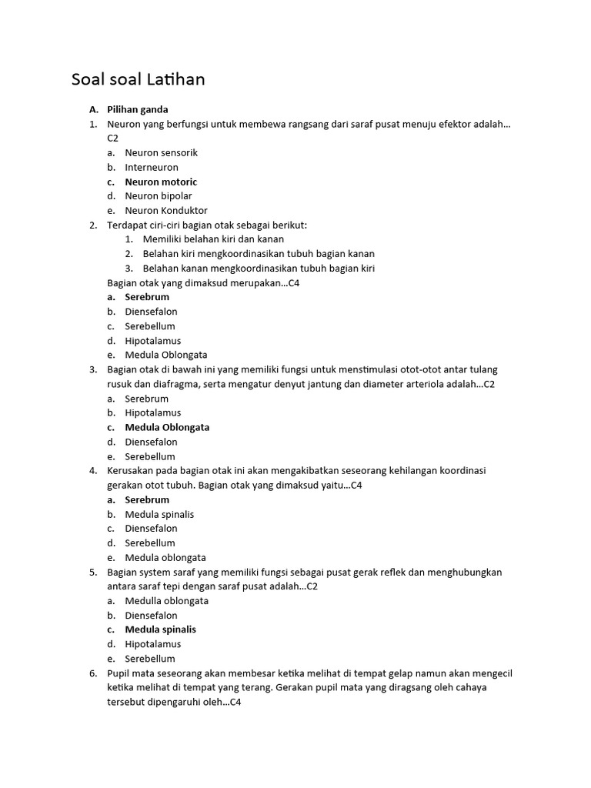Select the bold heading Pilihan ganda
click(x=138, y=109)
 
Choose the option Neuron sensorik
click(x=162, y=152)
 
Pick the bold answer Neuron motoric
click(x=162, y=182)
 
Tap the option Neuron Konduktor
click(x=166, y=210)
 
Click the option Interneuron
click(x=152, y=167)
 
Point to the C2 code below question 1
click(x=113, y=138)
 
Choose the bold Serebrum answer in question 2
click(x=147, y=297)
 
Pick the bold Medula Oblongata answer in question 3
click(x=167, y=427)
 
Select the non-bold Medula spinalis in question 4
click(x=159, y=514)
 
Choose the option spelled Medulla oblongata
click(x=167, y=600)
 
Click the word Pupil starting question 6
click(x=119, y=673)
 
